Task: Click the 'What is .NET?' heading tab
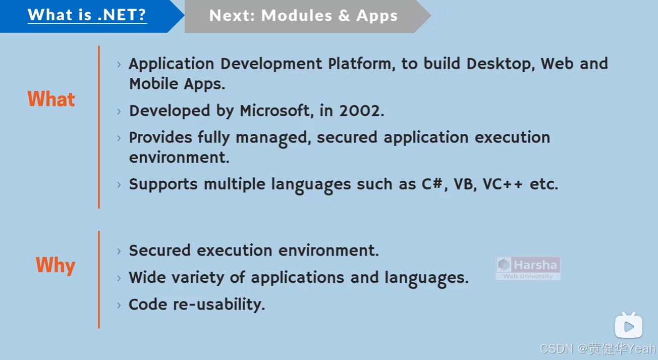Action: pos(87,15)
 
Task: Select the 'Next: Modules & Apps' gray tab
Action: pos(303,16)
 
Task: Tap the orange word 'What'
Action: pos(51,99)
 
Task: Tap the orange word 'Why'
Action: pos(55,265)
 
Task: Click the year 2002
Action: pos(361,111)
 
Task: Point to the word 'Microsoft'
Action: pos(275,111)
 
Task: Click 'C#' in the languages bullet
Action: pos(433,184)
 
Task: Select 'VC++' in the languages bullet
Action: pos(502,184)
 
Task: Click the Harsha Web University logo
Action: pos(528,268)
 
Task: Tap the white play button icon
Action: pos(628,326)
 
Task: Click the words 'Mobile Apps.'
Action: pos(177,84)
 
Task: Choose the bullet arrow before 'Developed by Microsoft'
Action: pos(119,111)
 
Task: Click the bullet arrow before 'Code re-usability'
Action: pos(119,305)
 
